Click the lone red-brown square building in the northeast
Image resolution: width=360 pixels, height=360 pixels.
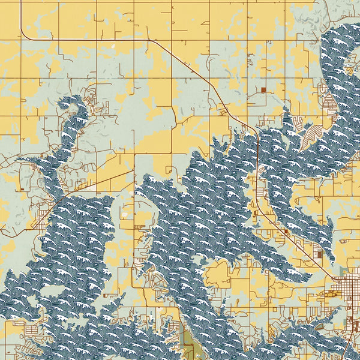pos(263,90)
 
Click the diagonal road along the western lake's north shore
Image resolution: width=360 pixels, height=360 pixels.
pos(96,183)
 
